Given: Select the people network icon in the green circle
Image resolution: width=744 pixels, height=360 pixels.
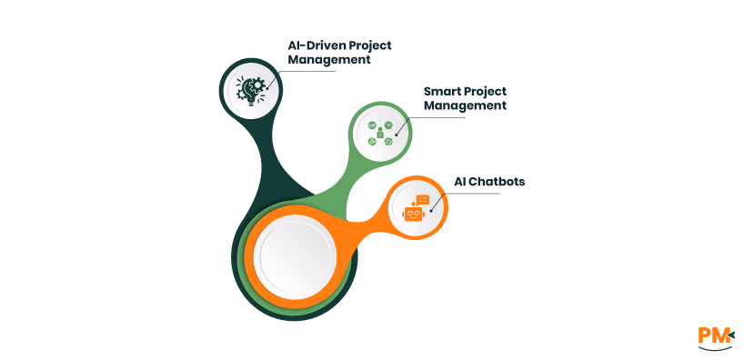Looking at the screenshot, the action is point(382,134).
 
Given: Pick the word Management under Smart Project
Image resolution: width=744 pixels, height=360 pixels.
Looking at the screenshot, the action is point(465,105).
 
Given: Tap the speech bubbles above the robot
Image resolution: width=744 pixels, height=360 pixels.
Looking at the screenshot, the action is point(421,198).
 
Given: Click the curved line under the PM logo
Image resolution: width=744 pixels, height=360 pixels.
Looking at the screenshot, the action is point(715,348).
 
